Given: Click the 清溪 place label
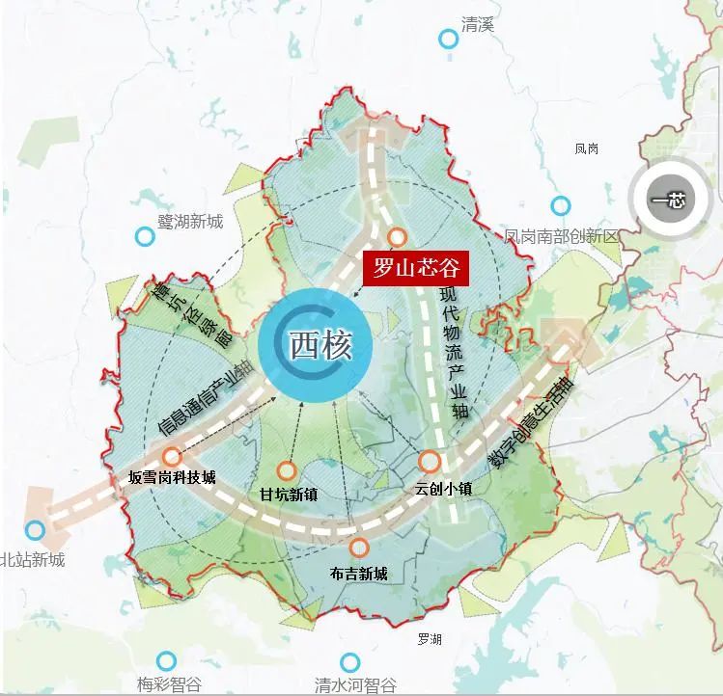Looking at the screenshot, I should point(477,24).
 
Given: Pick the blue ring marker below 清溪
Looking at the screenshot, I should point(448,39).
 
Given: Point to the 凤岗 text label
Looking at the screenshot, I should point(587,149).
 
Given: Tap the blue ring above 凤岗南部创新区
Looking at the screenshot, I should point(560,205).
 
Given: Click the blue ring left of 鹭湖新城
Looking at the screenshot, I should point(145,235).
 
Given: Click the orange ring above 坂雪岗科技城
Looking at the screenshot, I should point(172,457).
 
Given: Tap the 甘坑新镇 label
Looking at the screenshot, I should point(289,494).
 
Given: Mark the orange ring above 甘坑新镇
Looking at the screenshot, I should point(287,471).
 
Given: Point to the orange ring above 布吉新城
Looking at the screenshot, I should point(359,548).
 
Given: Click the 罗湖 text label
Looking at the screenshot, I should point(430,639).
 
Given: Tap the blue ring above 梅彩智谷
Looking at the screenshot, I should point(167,660).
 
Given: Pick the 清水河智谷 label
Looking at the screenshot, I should point(355,685).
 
